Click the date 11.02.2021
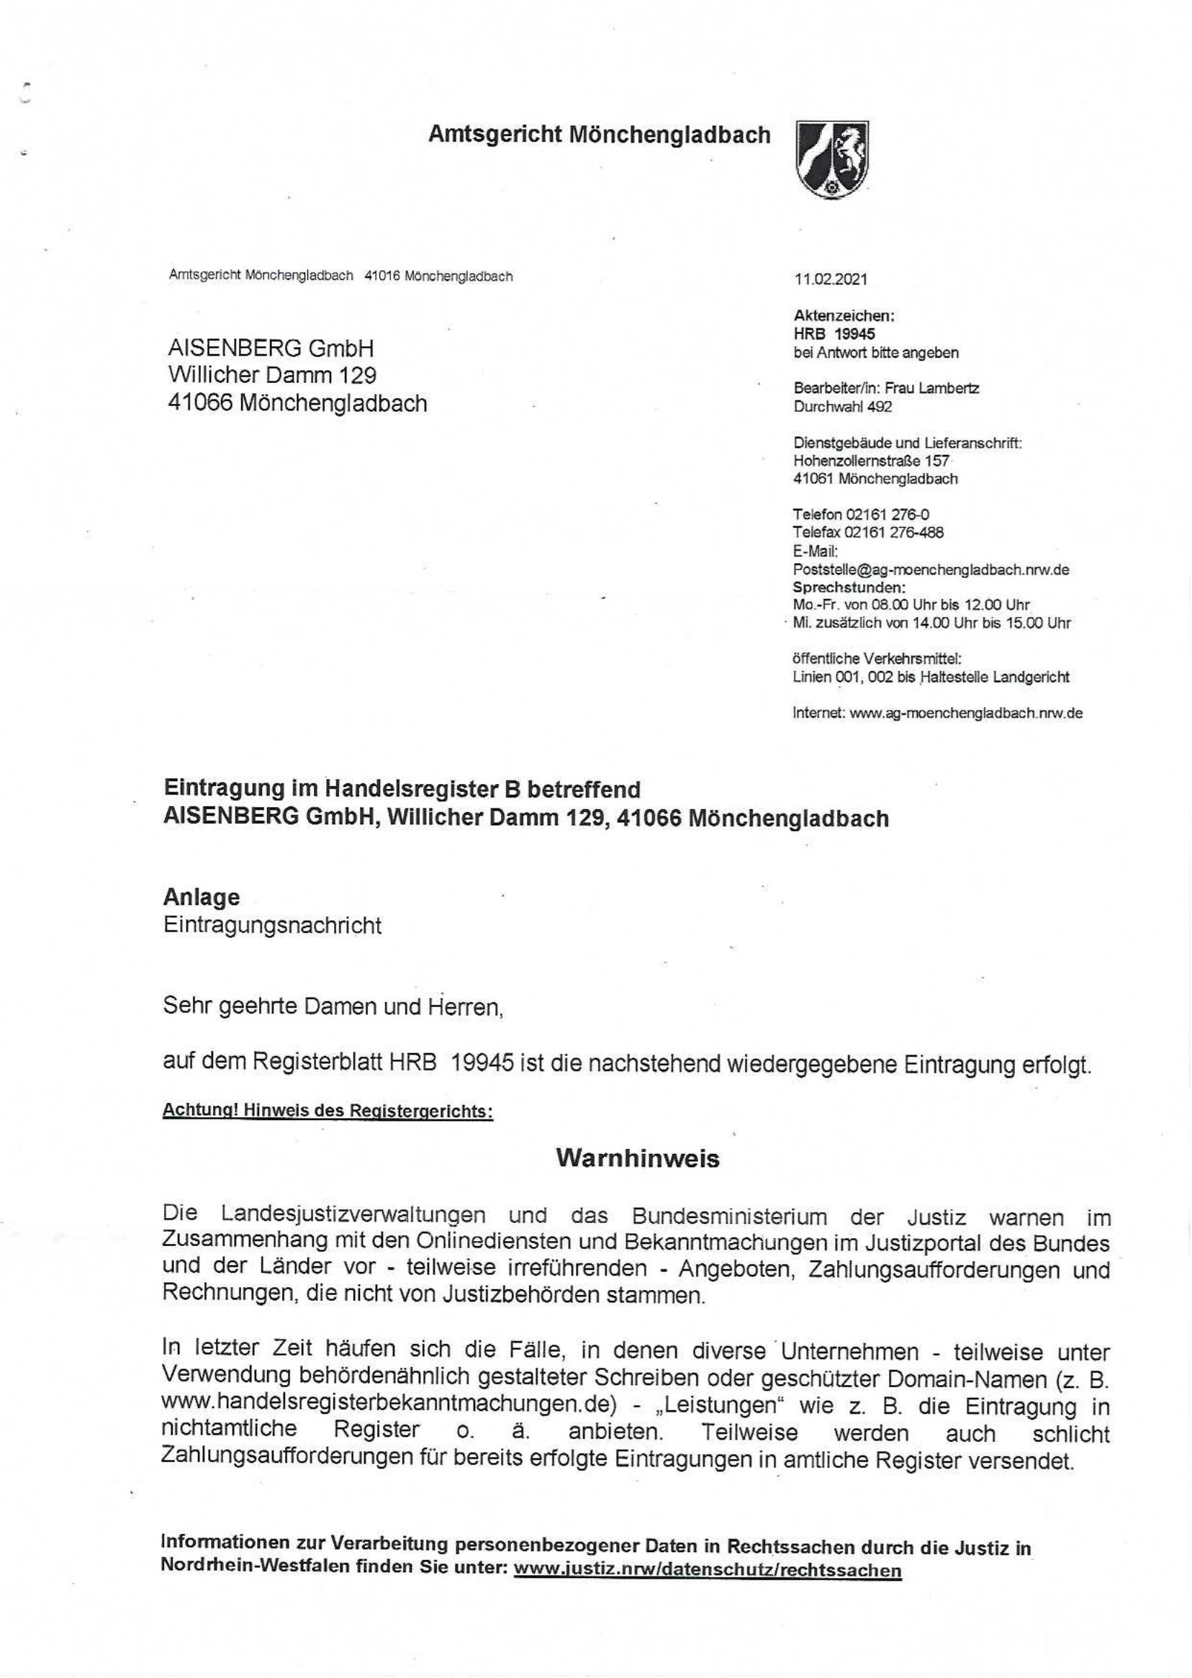coord(830,279)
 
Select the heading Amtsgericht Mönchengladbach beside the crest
coord(599,135)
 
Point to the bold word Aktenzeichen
coord(844,315)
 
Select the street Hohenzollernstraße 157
coord(871,461)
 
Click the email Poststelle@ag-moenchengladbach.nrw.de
coord(931,569)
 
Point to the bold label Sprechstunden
coord(849,587)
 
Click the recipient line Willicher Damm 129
coord(272,375)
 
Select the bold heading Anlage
coord(201,897)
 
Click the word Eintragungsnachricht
coord(272,925)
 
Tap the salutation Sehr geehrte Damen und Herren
coord(333,1006)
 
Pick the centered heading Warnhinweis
coord(637,1158)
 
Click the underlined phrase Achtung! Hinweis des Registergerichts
coord(328,1111)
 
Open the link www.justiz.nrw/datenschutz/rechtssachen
coord(708,1570)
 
